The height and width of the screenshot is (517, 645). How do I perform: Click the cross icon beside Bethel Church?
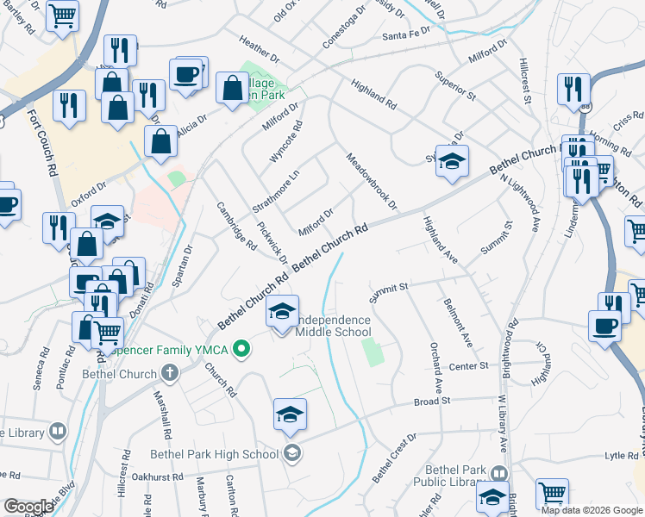[x=169, y=373]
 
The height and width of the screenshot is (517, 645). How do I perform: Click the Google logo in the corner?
[x=28, y=507]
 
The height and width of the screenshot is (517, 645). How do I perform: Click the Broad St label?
[x=432, y=402]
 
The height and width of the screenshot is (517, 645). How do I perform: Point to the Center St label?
[x=468, y=366]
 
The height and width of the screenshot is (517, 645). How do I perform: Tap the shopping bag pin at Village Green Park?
[x=232, y=88]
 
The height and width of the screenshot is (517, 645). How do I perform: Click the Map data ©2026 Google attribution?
[x=592, y=510]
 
